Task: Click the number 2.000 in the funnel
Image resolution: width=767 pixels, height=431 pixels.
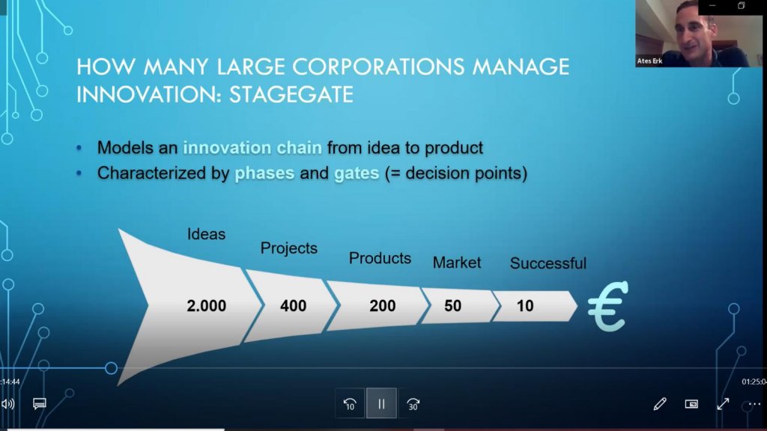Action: pyautogui.click(x=207, y=306)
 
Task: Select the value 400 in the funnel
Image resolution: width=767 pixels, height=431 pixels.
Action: pyautogui.click(x=293, y=306)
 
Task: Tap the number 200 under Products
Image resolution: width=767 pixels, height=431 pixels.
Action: pyautogui.click(x=383, y=306)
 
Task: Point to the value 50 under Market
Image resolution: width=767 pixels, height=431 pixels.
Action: pyautogui.click(x=452, y=306)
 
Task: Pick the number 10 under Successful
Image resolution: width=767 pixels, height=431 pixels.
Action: pyautogui.click(x=525, y=306)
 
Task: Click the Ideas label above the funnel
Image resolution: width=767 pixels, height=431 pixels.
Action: pyautogui.click(x=206, y=234)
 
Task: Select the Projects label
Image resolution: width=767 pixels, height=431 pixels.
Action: pyautogui.click(x=288, y=248)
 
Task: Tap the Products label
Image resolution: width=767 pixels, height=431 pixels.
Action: pyautogui.click(x=380, y=258)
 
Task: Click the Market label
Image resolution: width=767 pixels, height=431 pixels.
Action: pyautogui.click(x=457, y=263)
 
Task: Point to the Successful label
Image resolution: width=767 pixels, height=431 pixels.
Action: pyautogui.click(x=548, y=263)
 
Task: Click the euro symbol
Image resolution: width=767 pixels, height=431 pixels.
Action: pyautogui.click(x=608, y=306)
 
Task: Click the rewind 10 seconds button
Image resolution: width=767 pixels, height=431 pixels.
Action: pyautogui.click(x=350, y=403)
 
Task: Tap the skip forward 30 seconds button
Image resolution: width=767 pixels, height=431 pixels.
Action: pyautogui.click(x=413, y=403)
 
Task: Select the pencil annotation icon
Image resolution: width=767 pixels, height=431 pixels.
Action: pyautogui.click(x=660, y=403)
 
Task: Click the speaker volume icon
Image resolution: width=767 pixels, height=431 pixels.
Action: pyautogui.click(x=7, y=403)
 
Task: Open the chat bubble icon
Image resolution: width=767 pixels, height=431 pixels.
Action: pyautogui.click(x=40, y=403)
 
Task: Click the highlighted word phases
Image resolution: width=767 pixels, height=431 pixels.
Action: pyautogui.click(x=264, y=173)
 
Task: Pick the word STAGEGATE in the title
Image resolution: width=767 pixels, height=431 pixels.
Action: pyautogui.click(x=291, y=94)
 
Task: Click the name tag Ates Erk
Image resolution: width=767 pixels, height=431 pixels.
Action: pyautogui.click(x=649, y=61)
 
